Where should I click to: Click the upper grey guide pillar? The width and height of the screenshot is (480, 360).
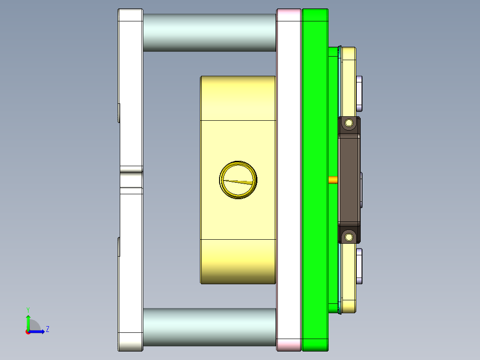(x=209, y=32)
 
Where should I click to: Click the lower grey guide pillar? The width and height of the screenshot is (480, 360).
(x=209, y=327)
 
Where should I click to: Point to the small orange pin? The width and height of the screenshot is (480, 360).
(x=333, y=180)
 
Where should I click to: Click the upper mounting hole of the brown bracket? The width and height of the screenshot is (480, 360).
(x=349, y=123)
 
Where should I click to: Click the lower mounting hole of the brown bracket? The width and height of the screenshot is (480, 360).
(x=349, y=236)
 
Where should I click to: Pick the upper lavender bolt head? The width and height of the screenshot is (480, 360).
(x=359, y=93)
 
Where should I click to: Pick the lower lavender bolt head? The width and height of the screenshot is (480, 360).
(x=359, y=266)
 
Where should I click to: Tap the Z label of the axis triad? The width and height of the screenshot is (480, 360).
(x=48, y=329)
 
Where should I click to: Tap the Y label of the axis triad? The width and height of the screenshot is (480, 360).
(x=28, y=309)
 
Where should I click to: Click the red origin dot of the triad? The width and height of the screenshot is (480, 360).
(x=28, y=331)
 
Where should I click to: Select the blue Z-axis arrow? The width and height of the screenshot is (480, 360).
(x=38, y=331)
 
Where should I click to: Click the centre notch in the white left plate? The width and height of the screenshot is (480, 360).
(x=131, y=180)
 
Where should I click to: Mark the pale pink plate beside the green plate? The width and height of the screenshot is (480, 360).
(x=289, y=178)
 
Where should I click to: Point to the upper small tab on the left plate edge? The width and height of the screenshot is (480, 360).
(x=119, y=113)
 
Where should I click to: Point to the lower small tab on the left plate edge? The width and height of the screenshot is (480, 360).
(x=119, y=247)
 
